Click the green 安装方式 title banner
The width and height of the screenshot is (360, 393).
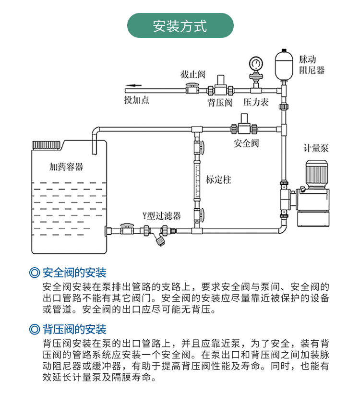point(180,25)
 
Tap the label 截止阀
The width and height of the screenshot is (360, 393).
point(192,74)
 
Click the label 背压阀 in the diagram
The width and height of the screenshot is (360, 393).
point(220,103)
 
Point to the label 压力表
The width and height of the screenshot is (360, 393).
point(256,103)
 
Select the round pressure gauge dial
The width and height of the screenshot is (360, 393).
point(255,63)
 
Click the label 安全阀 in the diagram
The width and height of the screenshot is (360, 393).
point(246,143)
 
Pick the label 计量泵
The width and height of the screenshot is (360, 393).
point(316,148)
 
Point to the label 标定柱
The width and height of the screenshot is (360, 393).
point(218,180)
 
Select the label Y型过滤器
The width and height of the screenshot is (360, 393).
point(161,216)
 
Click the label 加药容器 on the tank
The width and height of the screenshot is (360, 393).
point(66,167)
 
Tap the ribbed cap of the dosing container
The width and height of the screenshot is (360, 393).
point(47,144)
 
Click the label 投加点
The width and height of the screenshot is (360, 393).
point(136,100)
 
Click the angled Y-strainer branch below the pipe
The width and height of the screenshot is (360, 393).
point(160,240)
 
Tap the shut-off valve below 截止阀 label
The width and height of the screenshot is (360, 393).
point(192,89)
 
